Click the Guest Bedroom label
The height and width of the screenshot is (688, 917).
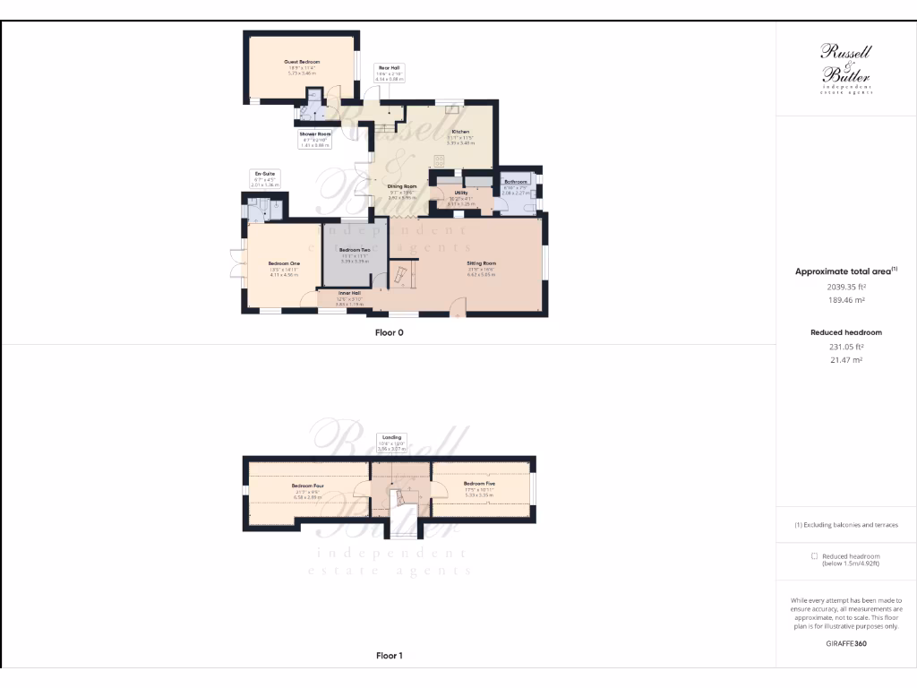pos(302,62)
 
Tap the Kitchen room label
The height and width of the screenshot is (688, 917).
pos(460,132)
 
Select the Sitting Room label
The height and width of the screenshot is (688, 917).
pos(482,263)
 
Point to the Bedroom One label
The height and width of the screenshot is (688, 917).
pos(283,262)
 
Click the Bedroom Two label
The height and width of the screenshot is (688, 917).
pos(355,250)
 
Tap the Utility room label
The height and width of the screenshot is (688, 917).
pos(461,193)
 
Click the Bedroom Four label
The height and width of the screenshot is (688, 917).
pos(307,486)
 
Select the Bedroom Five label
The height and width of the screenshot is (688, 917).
pos(479,484)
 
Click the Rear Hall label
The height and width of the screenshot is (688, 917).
pos(388,67)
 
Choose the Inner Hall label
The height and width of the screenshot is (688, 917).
pos(349,293)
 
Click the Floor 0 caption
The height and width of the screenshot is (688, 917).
pos(389,332)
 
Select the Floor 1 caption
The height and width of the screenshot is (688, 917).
pos(389,656)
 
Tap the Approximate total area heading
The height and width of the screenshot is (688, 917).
pos(845,271)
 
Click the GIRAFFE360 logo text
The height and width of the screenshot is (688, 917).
pos(846,643)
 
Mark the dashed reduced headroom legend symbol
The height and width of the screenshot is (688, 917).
pos(813,555)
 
